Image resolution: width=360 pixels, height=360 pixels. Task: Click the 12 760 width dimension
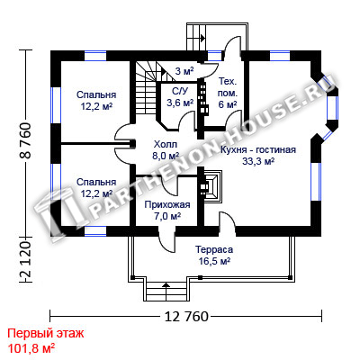tap(186, 317)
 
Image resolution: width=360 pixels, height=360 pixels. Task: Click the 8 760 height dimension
tap(26, 140)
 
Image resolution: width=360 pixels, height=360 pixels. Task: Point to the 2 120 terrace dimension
tap(26, 260)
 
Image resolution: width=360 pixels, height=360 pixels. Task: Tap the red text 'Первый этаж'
tap(46, 333)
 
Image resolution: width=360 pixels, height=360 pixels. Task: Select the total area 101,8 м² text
tap(31, 348)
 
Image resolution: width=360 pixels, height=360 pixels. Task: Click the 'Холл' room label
tap(166, 144)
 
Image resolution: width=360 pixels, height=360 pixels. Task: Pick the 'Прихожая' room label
tap(167, 205)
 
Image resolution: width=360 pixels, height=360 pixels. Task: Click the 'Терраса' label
tap(214, 249)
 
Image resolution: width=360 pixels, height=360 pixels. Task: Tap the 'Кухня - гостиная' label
tap(258, 149)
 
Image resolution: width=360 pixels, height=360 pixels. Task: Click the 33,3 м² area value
tap(258, 161)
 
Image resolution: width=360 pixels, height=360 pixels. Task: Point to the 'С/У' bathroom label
tap(180, 91)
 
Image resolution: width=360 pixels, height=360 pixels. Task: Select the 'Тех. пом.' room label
tap(228, 87)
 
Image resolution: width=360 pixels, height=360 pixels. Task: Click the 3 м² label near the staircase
tap(184, 71)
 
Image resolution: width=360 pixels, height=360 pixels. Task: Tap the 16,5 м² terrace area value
tap(214, 261)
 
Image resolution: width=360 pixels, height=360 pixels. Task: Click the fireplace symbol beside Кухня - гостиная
tap(213, 186)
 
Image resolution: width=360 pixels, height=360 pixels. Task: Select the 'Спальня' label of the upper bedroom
tap(96, 94)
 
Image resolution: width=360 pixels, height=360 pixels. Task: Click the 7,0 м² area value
tap(167, 216)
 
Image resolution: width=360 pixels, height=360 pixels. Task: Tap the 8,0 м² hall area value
tap(166, 156)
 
